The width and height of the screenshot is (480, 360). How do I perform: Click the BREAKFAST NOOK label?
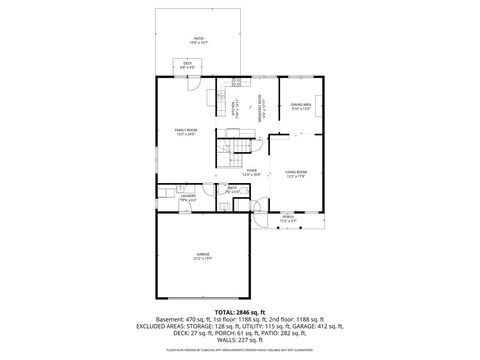coord(260,105)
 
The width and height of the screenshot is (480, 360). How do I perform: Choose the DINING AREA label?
coord(300,105)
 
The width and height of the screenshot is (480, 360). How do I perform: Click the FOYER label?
coord(252,172)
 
